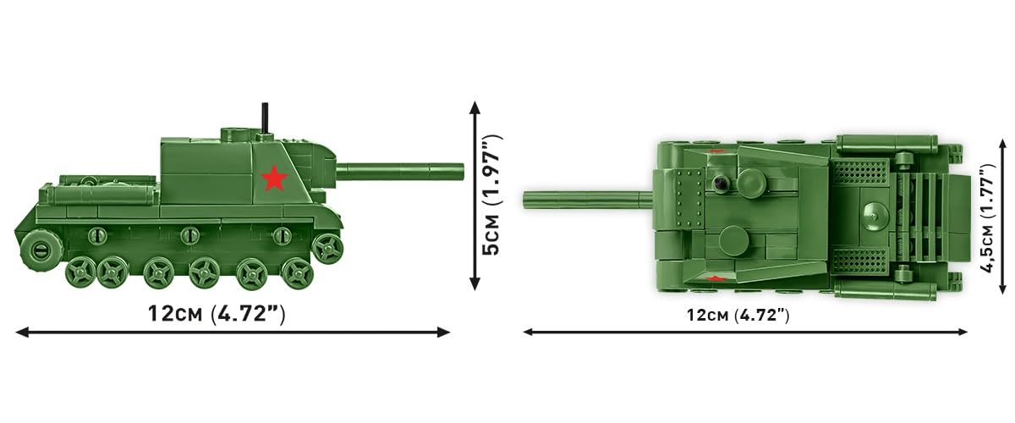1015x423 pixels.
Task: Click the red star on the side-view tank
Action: pyautogui.click(x=274, y=179)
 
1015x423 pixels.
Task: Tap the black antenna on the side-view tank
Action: pyautogui.click(x=265, y=118)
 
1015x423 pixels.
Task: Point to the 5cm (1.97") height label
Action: pyautogui.click(x=492, y=195)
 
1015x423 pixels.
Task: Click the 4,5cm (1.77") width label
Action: pyautogui.click(x=988, y=218)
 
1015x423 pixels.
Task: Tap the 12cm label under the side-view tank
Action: pyautogui.click(x=217, y=314)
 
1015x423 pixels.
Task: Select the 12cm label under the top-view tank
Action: pyautogui.click(x=738, y=315)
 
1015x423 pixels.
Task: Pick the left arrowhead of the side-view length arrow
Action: pyautogui.click(x=22, y=332)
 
